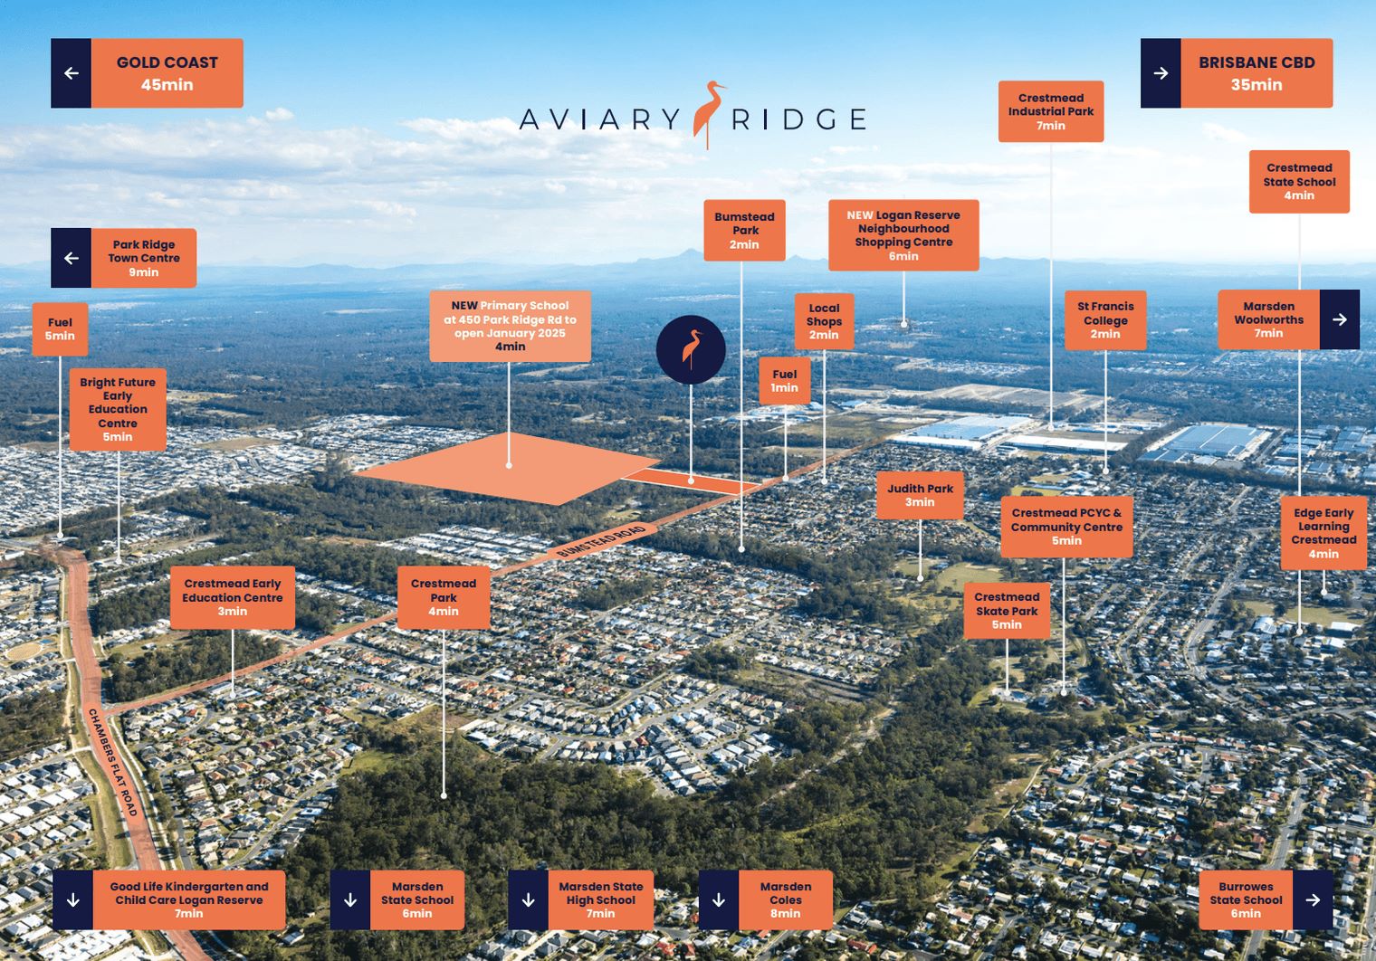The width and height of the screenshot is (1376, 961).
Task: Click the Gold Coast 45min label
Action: click(167, 73)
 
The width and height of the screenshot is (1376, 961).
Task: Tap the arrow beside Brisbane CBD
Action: click(1161, 73)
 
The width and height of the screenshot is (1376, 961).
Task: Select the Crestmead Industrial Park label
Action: click(1050, 111)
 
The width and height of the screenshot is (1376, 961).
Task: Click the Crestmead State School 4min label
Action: click(1299, 181)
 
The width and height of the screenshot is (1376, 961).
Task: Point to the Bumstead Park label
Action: click(744, 230)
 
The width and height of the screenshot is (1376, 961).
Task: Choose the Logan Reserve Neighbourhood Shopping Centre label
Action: click(903, 235)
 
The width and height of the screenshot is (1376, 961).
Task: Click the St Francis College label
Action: click(1105, 320)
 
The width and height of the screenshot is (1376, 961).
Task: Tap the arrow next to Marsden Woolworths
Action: click(1339, 319)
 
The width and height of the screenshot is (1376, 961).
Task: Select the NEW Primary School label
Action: click(510, 326)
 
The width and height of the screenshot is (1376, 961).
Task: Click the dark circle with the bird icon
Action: click(691, 349)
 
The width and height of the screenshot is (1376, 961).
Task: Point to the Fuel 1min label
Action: click(784, 381)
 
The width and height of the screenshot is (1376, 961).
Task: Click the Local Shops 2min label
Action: click(824, 321)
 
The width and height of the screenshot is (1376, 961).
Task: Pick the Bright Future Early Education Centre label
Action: click(118, 409)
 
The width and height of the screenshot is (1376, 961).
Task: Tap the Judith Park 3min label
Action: click(920, 495)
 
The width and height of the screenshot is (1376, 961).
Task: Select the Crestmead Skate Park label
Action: click(1007, 611)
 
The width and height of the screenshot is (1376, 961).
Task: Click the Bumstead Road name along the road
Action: click(601, 541)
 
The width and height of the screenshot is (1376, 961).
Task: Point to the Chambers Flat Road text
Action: click(112, 762)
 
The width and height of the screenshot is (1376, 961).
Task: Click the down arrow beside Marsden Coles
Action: click(719, 900)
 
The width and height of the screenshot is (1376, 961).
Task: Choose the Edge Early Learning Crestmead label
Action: click(1323, 533)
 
